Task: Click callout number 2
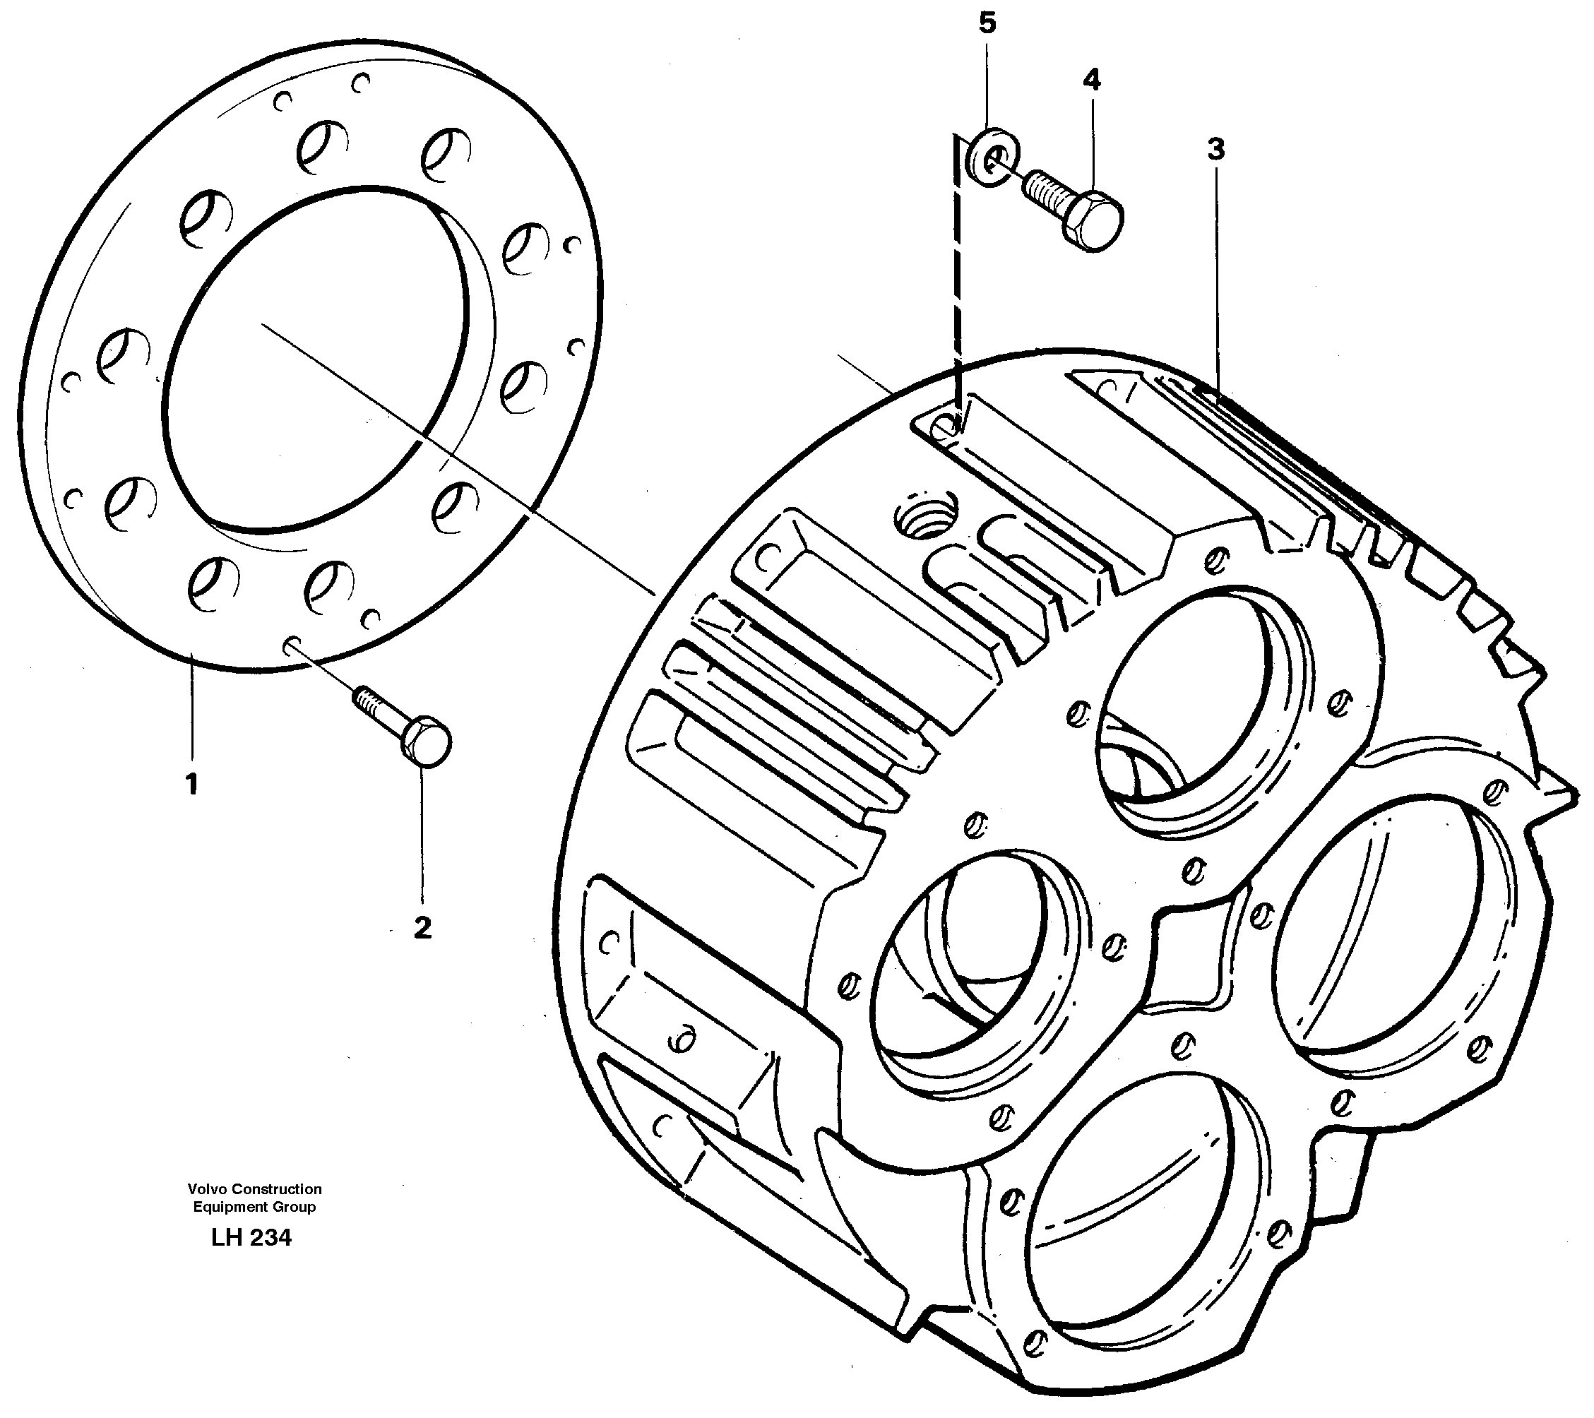422,927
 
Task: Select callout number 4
1091,80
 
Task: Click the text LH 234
251,1238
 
